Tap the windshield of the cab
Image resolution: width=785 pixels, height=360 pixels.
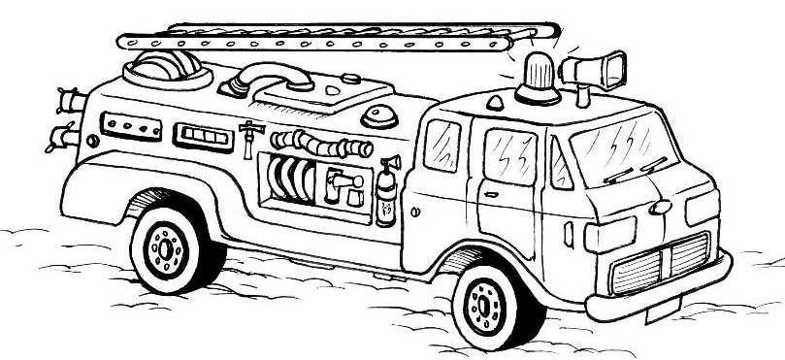click(622, 151)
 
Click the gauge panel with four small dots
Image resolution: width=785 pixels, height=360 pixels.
click(129, 127)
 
